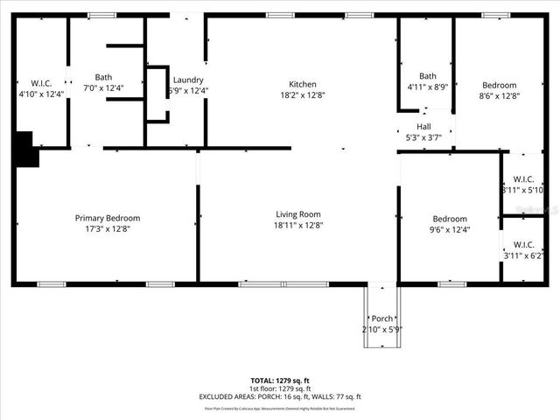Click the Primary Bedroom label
point(107,218)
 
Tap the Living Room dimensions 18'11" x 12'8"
point(298,225)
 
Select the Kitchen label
point(303,84)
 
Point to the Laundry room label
point(188,79)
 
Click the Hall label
point(423,126)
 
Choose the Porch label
point(382,318)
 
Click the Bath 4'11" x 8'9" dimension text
point(428,87)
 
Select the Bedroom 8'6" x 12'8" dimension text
point(500,96)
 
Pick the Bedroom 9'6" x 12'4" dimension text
point(450,230)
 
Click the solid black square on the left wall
point(25,148)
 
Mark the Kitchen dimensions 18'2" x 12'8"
point(303,95)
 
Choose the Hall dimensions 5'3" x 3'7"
point(423,137)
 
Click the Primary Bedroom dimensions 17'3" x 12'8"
point(107,229)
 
